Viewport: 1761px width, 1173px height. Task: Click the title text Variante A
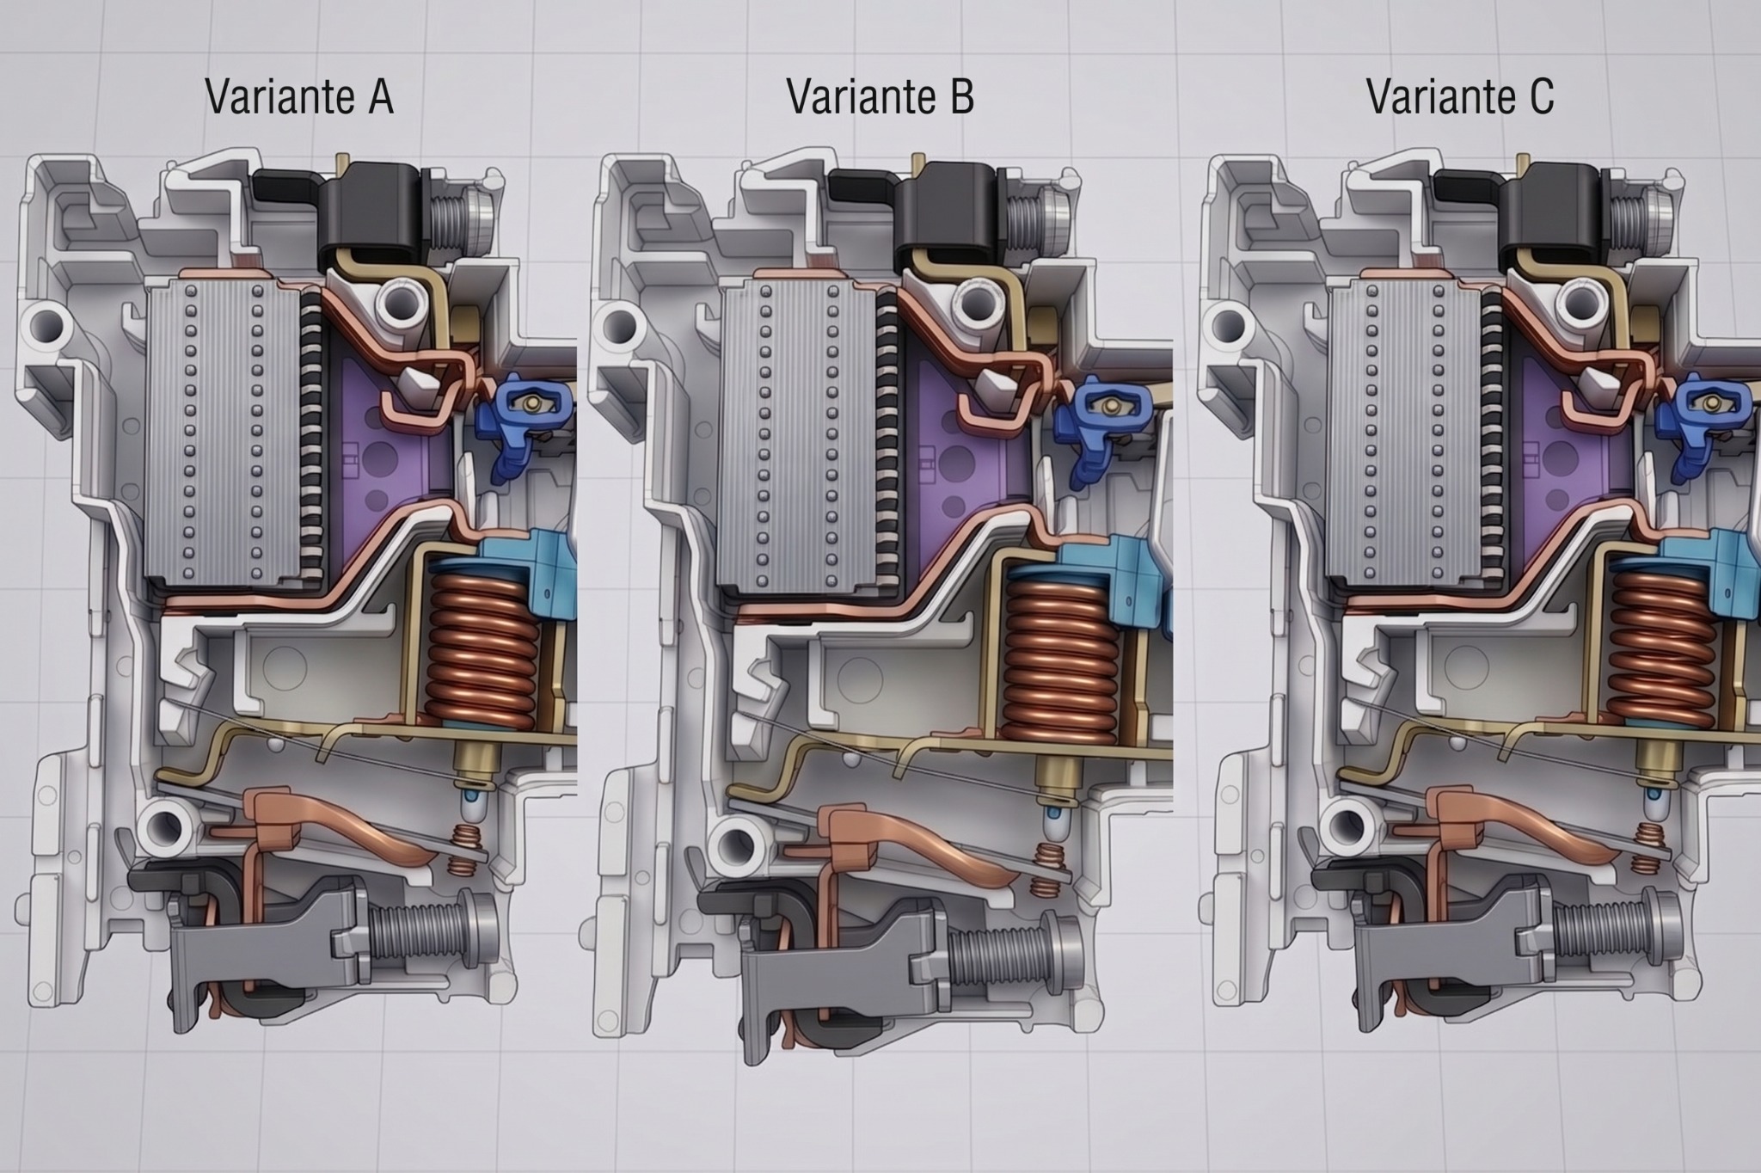(299, 96)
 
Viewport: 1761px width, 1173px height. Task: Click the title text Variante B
(880, 96)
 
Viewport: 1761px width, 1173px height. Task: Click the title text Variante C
(1460, 96)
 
